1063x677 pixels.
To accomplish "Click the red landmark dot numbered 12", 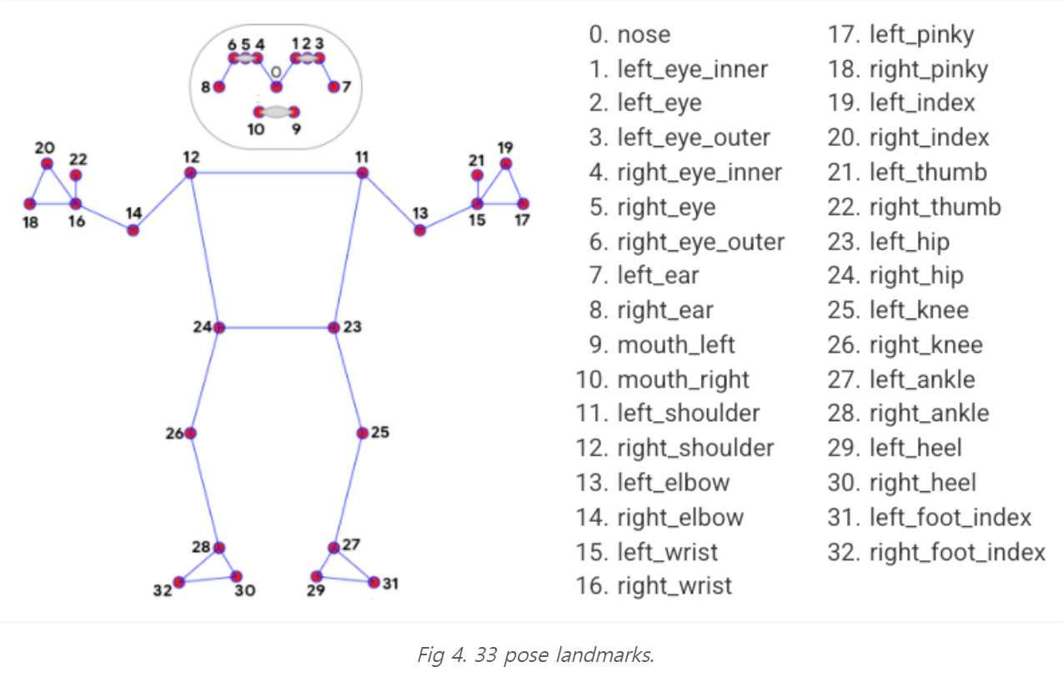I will coord(191,173).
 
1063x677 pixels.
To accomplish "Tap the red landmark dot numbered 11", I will coord(362,173).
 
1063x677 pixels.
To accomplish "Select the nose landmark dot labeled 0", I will coord(276,87).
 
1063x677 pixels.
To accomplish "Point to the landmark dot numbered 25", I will coord(362,434).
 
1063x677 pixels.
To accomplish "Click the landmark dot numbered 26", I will coord(191,434).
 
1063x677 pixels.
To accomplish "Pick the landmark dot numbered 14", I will coord(133,230).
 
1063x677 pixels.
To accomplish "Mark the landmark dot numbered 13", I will coord(419,230).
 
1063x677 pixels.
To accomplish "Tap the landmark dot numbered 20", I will coord(48,163).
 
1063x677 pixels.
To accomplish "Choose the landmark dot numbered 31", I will coord(374,582).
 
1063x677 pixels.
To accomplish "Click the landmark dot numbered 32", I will coord(178,582).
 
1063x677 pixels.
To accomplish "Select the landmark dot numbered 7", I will coord(333,87).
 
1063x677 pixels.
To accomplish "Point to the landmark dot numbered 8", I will coord(219,87).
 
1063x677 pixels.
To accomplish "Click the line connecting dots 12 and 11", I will coord(276,173).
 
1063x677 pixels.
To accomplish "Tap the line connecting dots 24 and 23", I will coord(276,328).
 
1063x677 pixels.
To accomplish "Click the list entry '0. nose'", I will coord(629,34).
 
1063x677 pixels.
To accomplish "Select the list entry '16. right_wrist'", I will coord(654,586).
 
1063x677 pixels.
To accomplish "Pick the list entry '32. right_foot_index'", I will coord(936,552).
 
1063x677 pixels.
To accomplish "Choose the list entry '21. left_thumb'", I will coord(907,173).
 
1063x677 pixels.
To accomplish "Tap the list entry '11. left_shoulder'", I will coord(668,414).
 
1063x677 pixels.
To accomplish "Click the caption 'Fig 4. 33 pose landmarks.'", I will coord(535,654).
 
